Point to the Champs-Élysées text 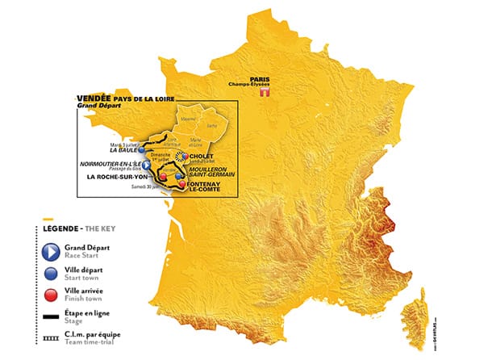coord(261,85)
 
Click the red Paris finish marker coord(261,94)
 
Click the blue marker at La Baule coord(142,149)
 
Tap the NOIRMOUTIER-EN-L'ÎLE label coord(110,163)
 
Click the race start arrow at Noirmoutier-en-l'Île coord(146,163)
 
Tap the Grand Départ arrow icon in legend coord(51,251)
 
